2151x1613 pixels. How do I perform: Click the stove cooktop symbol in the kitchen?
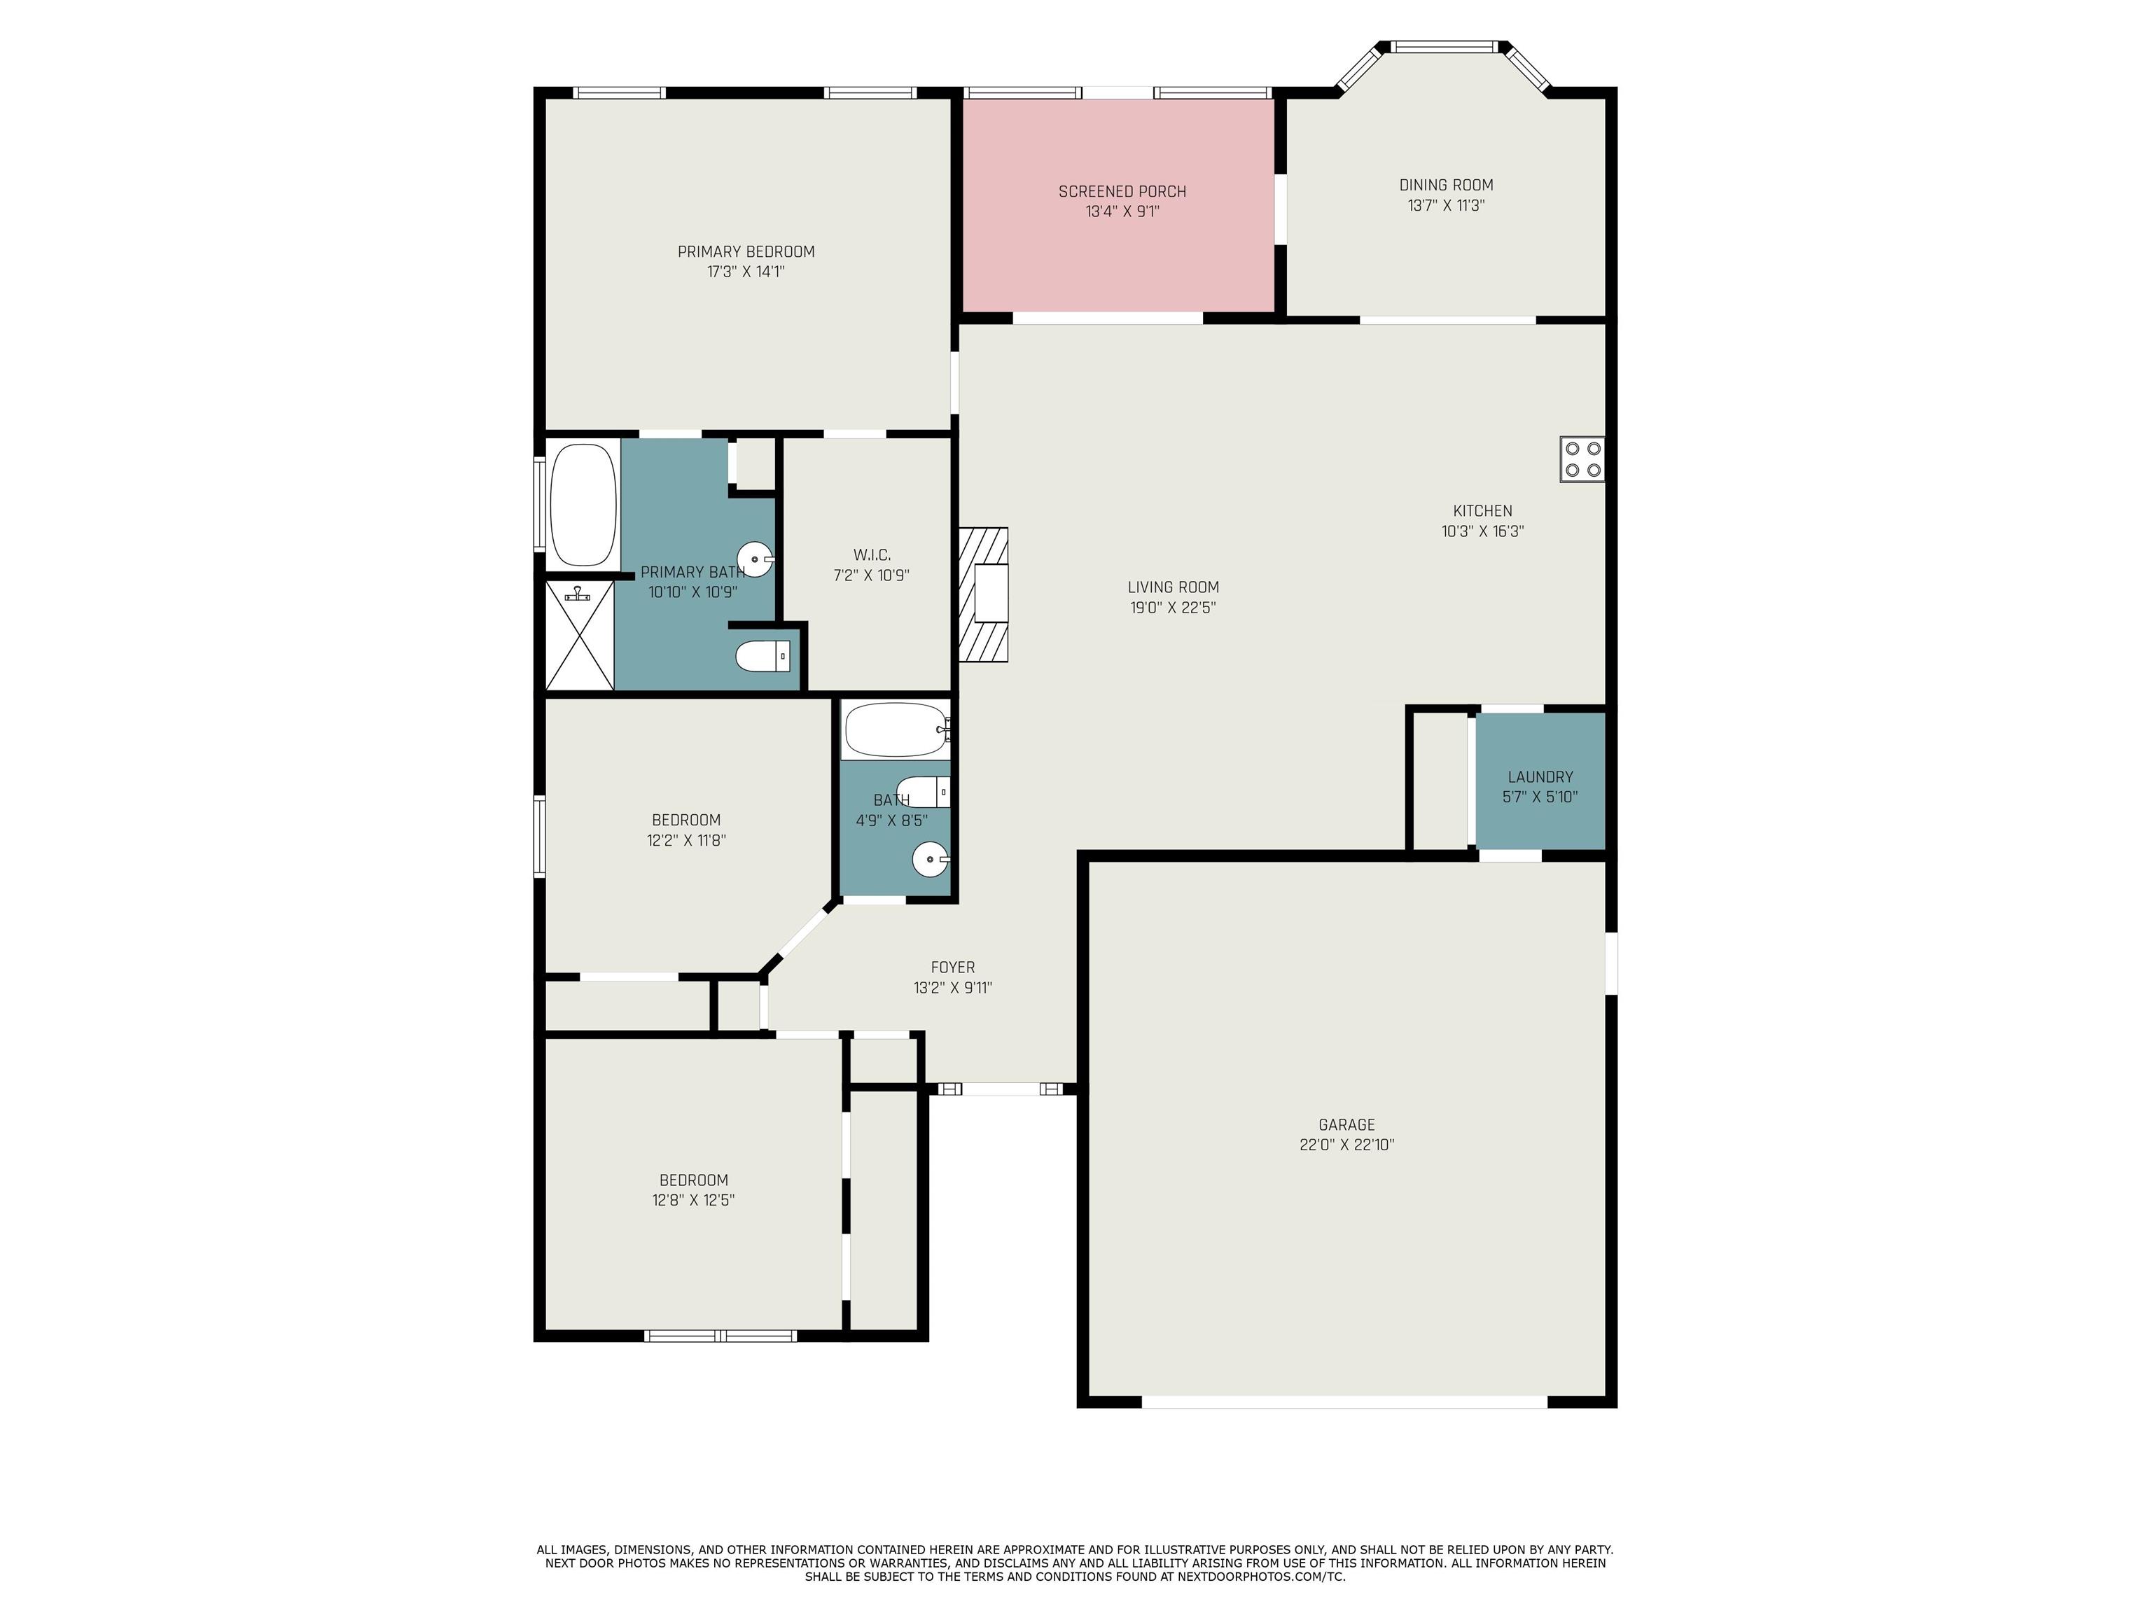point(1582,459)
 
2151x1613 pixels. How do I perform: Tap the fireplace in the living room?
point(984,594)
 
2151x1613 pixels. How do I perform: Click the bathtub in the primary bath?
point(583,505)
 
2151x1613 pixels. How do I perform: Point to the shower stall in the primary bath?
point(580,635)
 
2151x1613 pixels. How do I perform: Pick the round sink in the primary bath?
point(756,559)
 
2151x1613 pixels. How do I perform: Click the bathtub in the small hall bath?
point(896,729)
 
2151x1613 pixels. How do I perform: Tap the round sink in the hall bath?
point(931,860)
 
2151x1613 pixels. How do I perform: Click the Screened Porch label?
point(1122,192)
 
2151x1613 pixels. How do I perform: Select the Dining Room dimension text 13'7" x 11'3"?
point(1446,205)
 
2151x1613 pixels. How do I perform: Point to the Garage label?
point(1346,1124)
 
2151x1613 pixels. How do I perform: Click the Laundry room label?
point(1540,777)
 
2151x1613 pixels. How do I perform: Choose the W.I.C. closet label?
point(871,555)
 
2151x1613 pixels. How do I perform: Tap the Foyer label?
point(953,968)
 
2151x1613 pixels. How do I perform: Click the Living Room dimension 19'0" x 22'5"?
point(1173,608)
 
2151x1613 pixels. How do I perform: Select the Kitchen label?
point(1483,510)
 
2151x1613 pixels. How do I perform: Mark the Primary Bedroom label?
point(746,252)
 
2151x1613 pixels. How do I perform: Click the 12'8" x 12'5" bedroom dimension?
point(693,1200)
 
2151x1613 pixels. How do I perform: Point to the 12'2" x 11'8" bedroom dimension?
point(686,840)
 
